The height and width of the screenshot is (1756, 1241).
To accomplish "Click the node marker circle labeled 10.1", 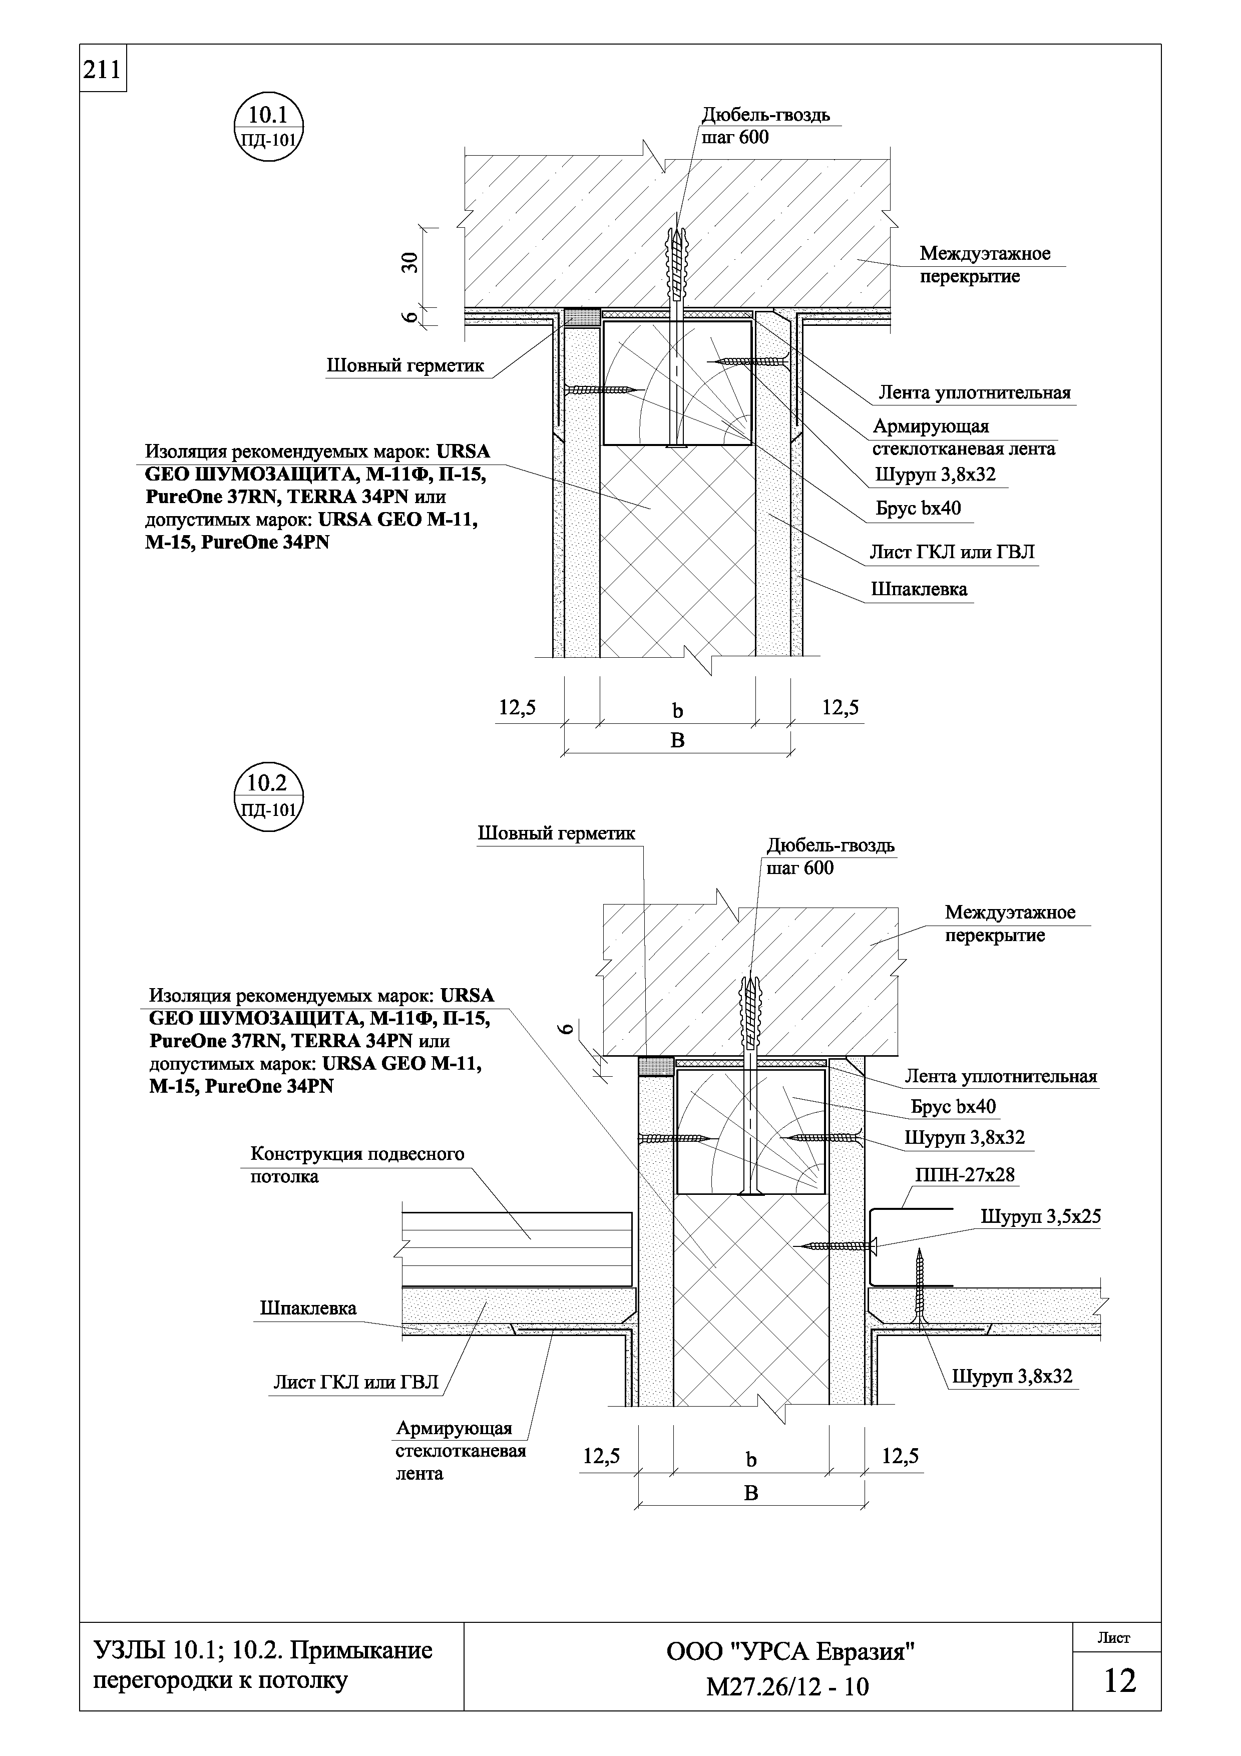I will coord(268,126).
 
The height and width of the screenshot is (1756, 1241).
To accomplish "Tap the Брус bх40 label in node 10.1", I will coord(918,508).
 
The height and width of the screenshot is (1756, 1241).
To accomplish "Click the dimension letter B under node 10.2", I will coord(751,1493).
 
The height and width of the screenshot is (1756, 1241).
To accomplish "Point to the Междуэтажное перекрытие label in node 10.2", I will coord(1009,923).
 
